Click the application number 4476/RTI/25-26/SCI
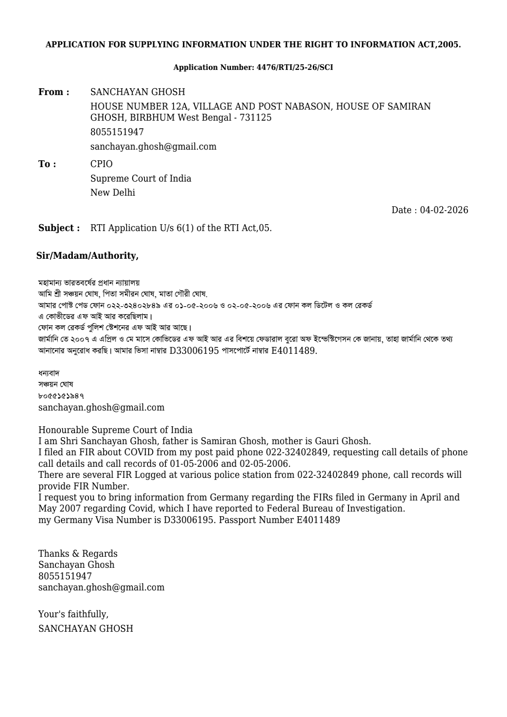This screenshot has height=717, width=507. (x=295, y=67)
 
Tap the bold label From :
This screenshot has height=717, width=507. (x=54, y=92)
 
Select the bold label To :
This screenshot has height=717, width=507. (x=47, y=164)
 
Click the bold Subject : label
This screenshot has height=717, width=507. (x=59, y=228)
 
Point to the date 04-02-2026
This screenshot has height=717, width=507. (x=444, y=210)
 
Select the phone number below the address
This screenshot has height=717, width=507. (x=117, y=132)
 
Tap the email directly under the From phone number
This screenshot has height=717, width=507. (x=153, y=147)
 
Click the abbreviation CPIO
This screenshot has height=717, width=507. (x=101, y=164)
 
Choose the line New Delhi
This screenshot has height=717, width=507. (x=112, y=193)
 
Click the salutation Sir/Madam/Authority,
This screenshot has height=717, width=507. (x=87, y=256)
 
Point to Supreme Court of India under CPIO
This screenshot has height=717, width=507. (x=141, y=179)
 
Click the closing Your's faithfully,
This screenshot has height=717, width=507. (x=73, y=614)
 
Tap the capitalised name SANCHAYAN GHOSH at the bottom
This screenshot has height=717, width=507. (x=86, y=629)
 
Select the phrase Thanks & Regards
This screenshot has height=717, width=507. (x=78, y=554)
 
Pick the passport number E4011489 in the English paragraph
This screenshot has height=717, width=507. (x=318, y=520)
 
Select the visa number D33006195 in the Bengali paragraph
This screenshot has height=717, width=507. (x=194, y=351)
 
